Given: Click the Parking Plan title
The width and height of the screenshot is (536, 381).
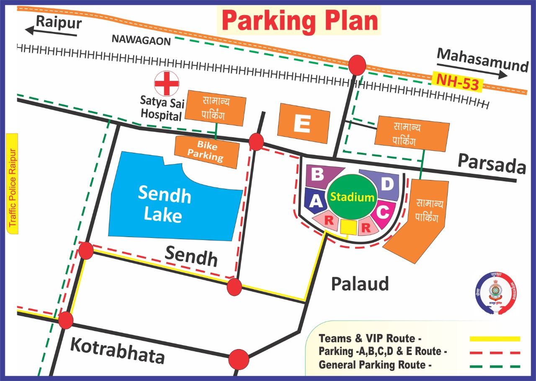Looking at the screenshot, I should pos(299,21).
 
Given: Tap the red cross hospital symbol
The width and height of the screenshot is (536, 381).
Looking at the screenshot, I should pos(166,84).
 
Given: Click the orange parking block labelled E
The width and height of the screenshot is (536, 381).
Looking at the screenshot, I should pos(303,123).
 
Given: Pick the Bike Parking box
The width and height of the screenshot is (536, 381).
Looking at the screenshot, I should pos(207,152).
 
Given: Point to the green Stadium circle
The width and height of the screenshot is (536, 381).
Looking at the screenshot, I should pos(351,197).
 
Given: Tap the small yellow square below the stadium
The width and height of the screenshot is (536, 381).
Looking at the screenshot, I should pos(348,227).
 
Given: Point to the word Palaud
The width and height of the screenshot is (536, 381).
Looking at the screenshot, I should pos(360,284).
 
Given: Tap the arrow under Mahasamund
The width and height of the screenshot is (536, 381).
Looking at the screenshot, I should pos(472,70).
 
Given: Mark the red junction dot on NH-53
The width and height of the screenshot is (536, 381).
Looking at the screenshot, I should pos(357,65).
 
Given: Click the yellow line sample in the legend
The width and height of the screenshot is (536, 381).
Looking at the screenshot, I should pos(495,339).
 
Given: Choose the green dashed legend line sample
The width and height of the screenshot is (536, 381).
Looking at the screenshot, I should pos(495,366).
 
